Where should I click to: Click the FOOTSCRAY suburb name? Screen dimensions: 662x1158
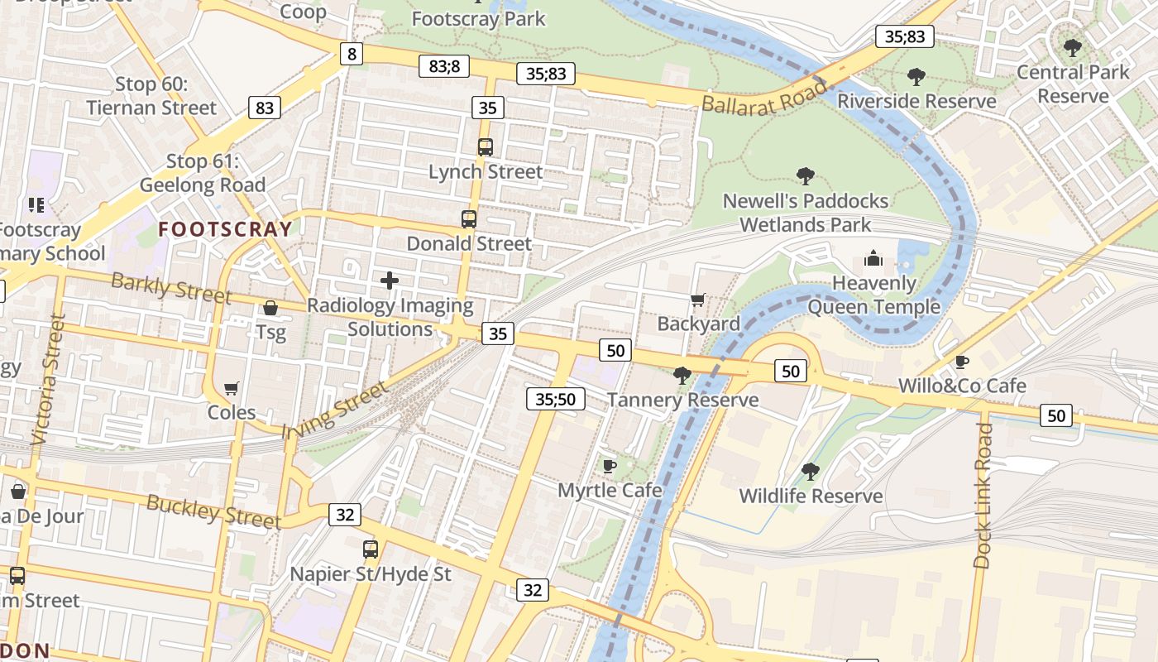pyautogui.click(x=225, y=229)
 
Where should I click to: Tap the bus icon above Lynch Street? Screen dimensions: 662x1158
pyautogui.click(x=486, y=147)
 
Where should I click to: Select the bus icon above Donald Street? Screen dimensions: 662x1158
pyautogui.click(x=469, y=219)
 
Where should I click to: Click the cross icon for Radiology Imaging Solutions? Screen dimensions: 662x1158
pyautogui.click(x=390, y=281)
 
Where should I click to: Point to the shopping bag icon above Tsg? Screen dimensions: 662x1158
pyautogui.click(x=270, y=309)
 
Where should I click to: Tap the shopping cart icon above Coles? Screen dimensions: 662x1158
pyautogui.click(x=232, y=388)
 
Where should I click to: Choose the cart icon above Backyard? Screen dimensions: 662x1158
pyautogui.click(x=698, y=300)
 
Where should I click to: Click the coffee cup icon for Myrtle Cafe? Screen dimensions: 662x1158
pyautogui.click(x=610, y=466)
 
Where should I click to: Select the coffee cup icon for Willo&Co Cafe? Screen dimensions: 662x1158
pyautogui.click(x=962, y=362)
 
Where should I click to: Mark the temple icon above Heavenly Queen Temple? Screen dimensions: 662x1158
pyautogui.click(x=873, y=259)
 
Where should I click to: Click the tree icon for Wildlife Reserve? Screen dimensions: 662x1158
pyautogui.click(x=811, y=472)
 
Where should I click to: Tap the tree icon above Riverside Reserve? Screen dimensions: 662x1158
pyautogui.click(x=916, y=77)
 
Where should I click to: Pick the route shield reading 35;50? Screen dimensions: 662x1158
pyautogui.click(x=555, y=399)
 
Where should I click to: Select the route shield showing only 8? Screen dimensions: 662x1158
pyautogui.click(x=352, y=55)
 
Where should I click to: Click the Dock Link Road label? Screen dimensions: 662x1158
pyautogui.click(x=983, y=495)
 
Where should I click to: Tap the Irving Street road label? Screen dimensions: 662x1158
pyautogui.click(x=334, y=410)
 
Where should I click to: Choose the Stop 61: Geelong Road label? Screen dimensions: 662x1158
pyautogui.click(x=203, y=173)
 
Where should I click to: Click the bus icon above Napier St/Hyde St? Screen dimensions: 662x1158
pyautogui.click(x=371, y=549)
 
